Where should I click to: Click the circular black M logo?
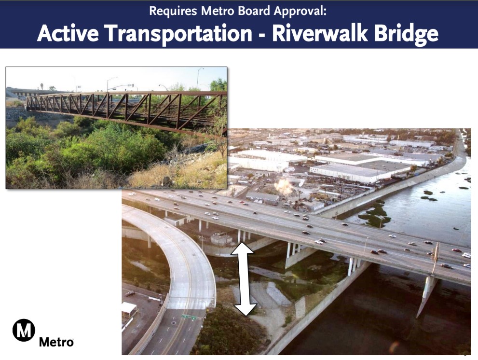[24, 331]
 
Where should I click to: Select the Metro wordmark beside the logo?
[56, 342]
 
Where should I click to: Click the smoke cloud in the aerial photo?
[283, 186]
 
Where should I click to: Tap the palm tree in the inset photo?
[41, 85]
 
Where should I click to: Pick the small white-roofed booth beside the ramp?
[129, 309]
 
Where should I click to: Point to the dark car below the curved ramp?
[130, 293]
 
